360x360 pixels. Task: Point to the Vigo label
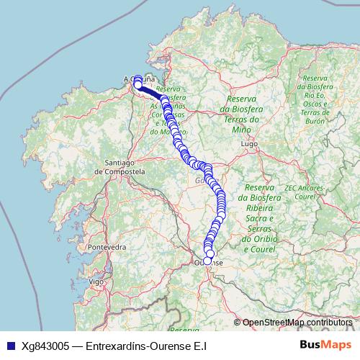[x=94, y=282]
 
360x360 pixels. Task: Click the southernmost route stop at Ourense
[x=207, y=261]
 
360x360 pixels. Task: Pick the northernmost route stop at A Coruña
[x=136, y=78]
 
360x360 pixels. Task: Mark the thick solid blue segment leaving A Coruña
[x=150, y=91]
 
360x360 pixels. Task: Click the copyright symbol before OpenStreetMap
[x=238, y=323]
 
